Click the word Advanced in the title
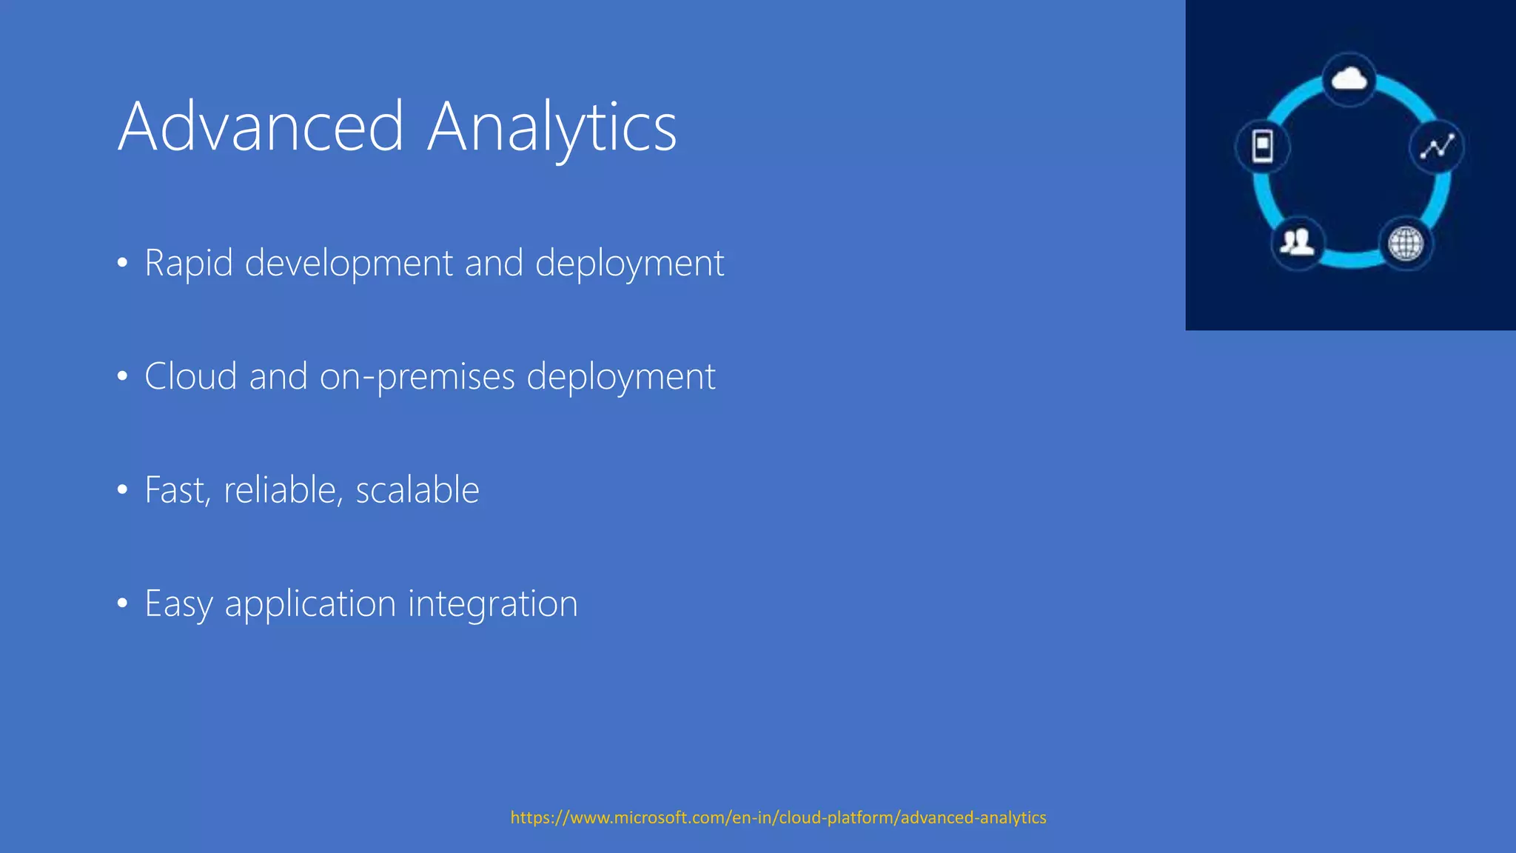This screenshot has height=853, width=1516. [x=261, y=127]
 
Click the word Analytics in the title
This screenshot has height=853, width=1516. [x=551, y=127]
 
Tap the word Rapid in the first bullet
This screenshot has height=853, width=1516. [x=188, y=263]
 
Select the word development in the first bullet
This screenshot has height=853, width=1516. [x=348, y=263]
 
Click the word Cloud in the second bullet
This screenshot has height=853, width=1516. [x=190, y=376]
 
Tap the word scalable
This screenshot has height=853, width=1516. [x=417, y=489]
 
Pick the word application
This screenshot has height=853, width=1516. [x=310, y=603]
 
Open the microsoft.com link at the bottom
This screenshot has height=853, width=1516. [x=778, y=817]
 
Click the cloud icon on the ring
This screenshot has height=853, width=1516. [x=1349, y=78]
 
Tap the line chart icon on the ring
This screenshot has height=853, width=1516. [x=1437, y=147]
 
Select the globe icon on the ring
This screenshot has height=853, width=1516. [x=1405, y=244]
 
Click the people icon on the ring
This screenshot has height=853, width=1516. [x=1297, y=241]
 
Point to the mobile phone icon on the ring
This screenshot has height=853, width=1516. [x=1263, y=146]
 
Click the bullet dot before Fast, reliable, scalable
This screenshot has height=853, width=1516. [x=123, y=490]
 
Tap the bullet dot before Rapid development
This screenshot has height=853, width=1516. [x=123, y=264]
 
